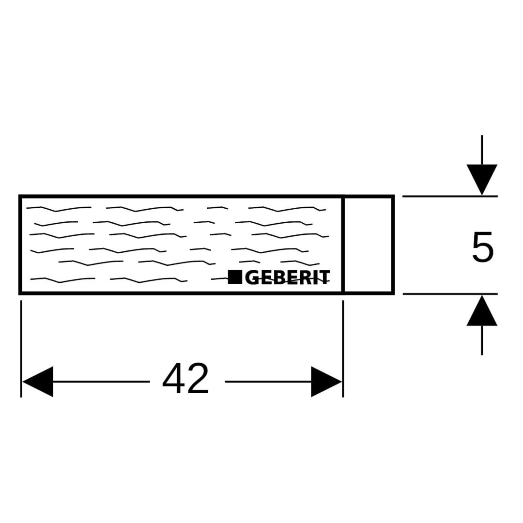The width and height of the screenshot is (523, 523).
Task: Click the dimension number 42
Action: tap(185, 379)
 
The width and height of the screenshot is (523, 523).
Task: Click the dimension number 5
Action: tap(482, 247)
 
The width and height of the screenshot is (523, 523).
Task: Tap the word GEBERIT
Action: tap(287, 277)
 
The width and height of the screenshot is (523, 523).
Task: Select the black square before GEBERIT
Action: tap(235, 277)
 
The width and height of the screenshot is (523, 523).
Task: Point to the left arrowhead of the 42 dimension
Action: tap(38, 382)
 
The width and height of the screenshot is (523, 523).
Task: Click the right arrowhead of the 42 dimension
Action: tap(326, 382)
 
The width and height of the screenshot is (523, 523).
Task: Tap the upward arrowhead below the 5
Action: tap(482, 311)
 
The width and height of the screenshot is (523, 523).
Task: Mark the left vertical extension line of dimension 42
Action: tap(21, 349)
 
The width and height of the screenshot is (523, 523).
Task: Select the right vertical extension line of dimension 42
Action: tap(343, 349)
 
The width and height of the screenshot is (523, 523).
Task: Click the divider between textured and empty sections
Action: tap(343, 245)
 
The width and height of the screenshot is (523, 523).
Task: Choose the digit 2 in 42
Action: tap(197, 379)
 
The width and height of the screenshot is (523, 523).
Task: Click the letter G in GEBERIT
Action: tap(253, 277)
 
